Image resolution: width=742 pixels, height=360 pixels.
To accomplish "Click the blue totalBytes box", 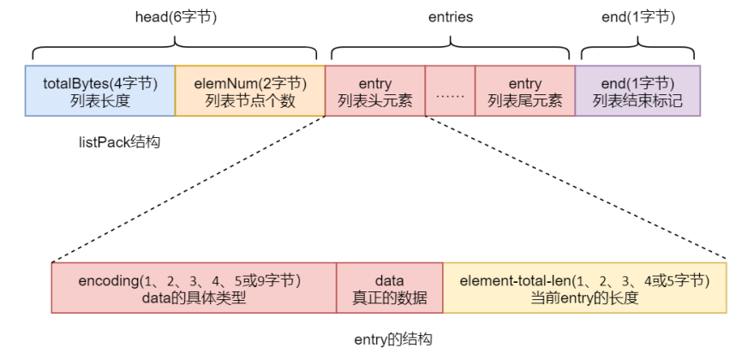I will click(99, 91).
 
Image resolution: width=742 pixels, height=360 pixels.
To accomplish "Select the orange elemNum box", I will click(250, 91).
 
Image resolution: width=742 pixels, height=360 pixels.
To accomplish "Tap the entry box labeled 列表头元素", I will click(375, 91).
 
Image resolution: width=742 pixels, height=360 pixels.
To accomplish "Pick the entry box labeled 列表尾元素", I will click(524, 91).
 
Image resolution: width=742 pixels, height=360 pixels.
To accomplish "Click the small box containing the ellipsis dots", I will click(450, 91).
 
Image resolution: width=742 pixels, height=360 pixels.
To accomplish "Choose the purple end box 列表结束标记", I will click(637, 91).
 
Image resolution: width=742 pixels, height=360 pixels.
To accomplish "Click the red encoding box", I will click(194, 288).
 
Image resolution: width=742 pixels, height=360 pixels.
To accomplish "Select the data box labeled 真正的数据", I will click(389, 288).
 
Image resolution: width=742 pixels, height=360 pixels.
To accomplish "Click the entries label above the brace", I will click(451, 16).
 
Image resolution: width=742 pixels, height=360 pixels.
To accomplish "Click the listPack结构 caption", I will click(118, 142).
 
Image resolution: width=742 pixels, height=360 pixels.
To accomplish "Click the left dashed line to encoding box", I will click(188, 189).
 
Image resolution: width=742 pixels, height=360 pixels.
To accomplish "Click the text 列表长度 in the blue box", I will click(99, 100).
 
